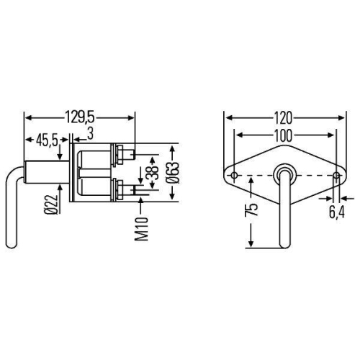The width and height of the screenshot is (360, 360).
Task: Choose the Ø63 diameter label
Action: pos(173,174)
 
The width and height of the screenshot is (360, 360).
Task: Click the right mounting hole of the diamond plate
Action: pos(337,174)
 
